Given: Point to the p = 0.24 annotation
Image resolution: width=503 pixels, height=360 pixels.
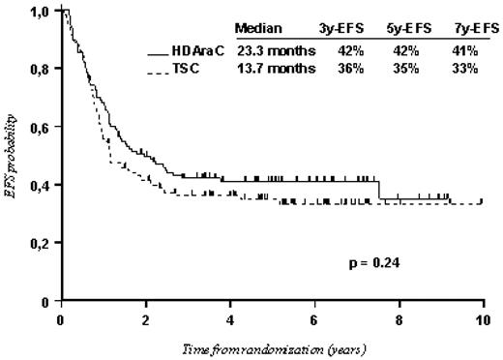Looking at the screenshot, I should (373, 260).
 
